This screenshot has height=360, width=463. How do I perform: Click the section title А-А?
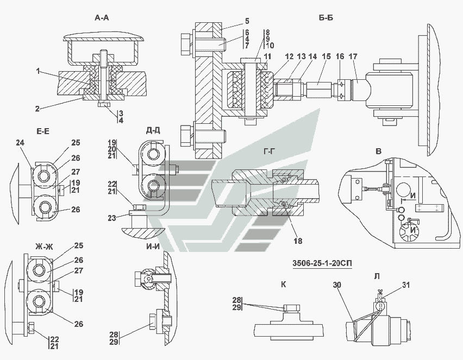pyautogui.click(x=102, y=18)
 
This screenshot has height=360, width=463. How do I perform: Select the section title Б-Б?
pyautogui.click(x=326, y=18)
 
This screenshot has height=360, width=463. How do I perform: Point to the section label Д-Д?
pyautogui.click(x=153, y=130)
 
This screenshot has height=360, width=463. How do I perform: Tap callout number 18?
pyautogui.click(x=297, y=240)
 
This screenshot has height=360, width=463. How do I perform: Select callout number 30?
pyautogui.click(x=338, y=284)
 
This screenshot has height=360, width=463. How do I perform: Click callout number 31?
pyautogui.click(x=406, y=284)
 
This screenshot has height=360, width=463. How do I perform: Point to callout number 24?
pyautogui.click(x=21, y=143)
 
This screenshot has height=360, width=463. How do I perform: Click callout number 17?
pyautogui.click(x=353, y=56)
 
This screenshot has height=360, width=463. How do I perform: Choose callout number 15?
pyautogui.click(x=326, y=56)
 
